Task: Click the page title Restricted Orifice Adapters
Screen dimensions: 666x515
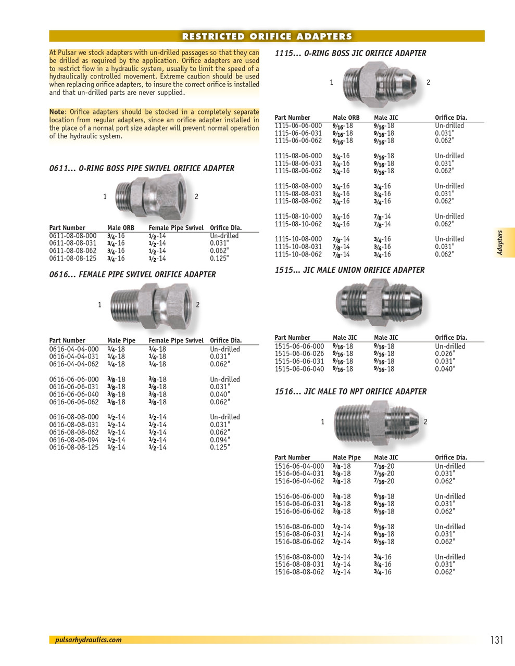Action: coord(267,36)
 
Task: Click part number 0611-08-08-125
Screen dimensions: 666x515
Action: coord(73,259)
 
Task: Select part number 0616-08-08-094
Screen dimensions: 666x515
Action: coord(73,440)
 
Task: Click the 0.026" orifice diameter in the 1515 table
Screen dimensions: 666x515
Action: coord(445,354)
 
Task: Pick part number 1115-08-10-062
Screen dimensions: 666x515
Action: coord(298,224)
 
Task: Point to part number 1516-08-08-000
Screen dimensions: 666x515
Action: coord(299,557)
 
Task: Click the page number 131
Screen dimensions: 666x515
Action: coord(496,640)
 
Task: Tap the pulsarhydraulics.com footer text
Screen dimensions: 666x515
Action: coord(88,640)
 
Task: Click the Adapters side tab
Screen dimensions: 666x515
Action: coord(500,242)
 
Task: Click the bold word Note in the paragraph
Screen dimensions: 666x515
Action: coord(57,112)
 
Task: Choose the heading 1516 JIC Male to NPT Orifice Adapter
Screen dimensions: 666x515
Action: coord(350,391)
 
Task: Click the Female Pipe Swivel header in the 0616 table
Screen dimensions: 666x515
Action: coord(176,340)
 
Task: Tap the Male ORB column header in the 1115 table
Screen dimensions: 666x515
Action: coord(346,118)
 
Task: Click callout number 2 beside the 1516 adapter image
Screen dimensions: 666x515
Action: coord(425,421)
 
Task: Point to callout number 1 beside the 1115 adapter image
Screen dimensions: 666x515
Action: coord(331,82)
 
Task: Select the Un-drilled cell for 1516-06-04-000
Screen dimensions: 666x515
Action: coord(450,466)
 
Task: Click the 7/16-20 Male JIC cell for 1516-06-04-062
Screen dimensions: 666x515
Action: coord(384,481)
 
